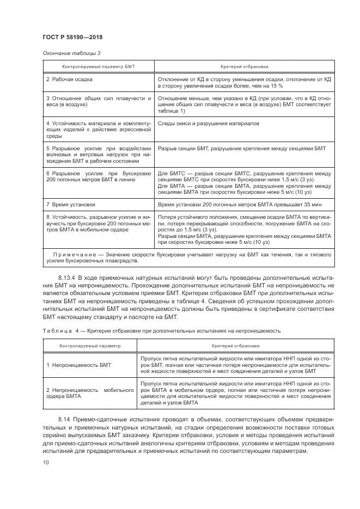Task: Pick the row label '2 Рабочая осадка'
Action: tap(69, 79)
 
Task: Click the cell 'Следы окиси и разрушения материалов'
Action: tap(208, 124)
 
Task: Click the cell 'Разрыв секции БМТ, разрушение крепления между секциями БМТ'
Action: tap(241, 149)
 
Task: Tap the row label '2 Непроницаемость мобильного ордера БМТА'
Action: tap(90, 394)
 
